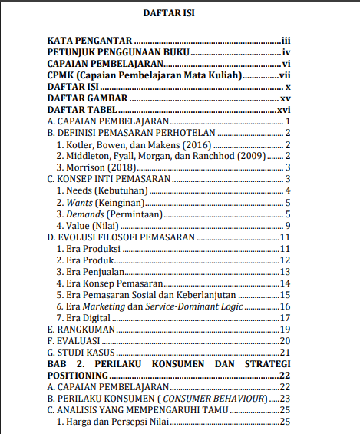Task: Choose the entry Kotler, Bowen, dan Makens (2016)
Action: click(134, 144)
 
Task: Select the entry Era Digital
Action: click(91, 317)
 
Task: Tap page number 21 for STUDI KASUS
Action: click(283, 352)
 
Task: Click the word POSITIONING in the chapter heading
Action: click(78, 375)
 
